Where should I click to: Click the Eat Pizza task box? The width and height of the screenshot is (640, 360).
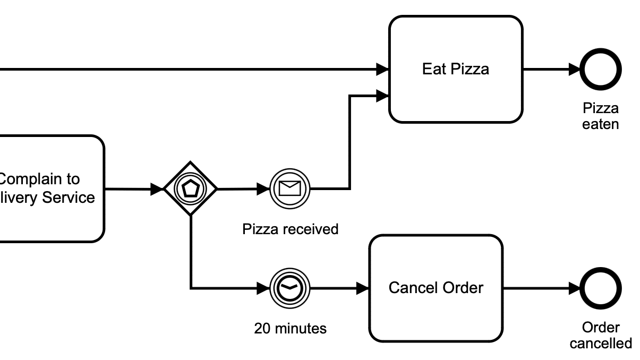pyautogui.click(x=456, y=69)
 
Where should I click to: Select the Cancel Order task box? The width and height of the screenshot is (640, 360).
pyautogui.click(x=436, y=288)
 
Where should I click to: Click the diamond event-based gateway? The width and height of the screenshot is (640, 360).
pyautogui.click(x=190, y=188)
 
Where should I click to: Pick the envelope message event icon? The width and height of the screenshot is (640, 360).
pyautogui.click(x=290, y=188)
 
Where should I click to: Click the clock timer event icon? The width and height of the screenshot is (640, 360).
pyautogui.click(x=290, y=288)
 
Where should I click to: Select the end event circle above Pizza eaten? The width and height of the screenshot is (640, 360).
pyautogui.click(x=601, y=69)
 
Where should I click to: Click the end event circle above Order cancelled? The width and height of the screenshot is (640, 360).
pyautogui.click(x=601, y=288)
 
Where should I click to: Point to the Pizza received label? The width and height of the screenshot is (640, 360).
pyautogui.click(x=290, y=229)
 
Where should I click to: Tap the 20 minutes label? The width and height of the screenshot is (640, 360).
pyautogui.click(x=290, y=329)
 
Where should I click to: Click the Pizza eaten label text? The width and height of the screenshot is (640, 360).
pyautogui.click(x=601, y=116)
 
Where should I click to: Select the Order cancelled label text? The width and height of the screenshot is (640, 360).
pyautogui.click(x=601, y=336)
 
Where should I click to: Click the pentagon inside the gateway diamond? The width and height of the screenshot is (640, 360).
pyautogui.click(x=190, y=188)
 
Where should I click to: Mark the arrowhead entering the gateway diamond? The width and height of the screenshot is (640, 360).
pyautogui.click(x=157, y=188)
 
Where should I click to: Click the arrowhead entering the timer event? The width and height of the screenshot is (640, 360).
pyautogui.click(x=263, y=288)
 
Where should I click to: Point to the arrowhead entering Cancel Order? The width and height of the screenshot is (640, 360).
pyautogui.click(x=363, y=288)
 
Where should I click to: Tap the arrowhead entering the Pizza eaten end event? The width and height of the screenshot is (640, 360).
pyautogui.click(x=574, y=69)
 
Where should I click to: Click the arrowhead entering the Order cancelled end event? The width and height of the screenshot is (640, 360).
pyautogui.click(x=574, y=288)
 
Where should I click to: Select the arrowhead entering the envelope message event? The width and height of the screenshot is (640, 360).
pyautogui.click(x=263, y=188)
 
